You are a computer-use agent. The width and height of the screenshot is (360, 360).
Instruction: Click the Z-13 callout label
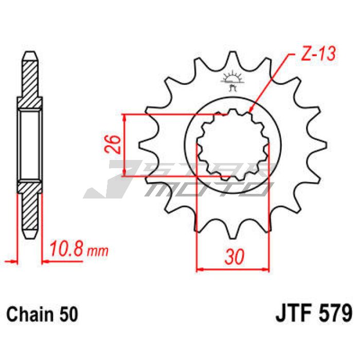point(318,54)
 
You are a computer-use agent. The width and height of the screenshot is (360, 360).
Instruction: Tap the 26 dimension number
point(113,144)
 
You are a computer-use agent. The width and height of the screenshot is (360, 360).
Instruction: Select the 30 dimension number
point(234,257)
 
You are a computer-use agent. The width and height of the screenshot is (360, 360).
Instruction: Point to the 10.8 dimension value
point(66,248)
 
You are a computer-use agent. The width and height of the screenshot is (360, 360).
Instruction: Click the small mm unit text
point(98,251)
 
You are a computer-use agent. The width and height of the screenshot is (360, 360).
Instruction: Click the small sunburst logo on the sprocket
point(232,81)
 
